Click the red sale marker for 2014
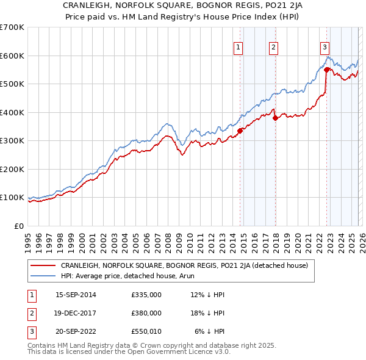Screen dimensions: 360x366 point(240,130)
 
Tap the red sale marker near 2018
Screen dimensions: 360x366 point(275,118)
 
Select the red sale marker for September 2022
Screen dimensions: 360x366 point(326,70)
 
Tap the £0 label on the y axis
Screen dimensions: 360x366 point(20,226)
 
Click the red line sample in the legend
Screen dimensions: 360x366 point(44,265)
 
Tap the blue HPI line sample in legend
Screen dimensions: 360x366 point(44,276)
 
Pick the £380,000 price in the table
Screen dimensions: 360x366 point(146,313)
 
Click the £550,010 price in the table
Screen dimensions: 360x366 point(146,331)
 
